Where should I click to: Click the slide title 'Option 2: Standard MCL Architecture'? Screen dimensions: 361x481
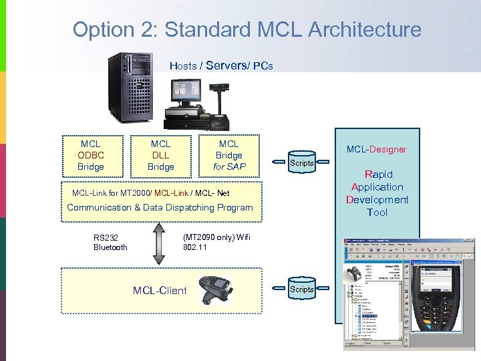click(x=247, y=30)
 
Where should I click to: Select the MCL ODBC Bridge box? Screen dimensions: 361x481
click(x=90, y=155)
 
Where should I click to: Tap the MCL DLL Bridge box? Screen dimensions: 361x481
click(x=160, y=155)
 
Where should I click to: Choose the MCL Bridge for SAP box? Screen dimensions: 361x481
click(x=228, y=155)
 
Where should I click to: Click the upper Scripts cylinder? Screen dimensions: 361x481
click(x=301, y=162)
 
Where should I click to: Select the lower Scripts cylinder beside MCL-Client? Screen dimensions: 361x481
click(x=301, y=289)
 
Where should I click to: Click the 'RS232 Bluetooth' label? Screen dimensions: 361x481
click(x=110, y=242)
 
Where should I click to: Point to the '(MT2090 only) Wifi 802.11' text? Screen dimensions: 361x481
click(x=216, y=242)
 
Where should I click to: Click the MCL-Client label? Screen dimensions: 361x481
click(x=160, y=290)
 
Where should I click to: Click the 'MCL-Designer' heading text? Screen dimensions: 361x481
click(x=376, y=149)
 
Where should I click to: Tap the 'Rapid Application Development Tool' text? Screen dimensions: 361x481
click(x=377, y=193)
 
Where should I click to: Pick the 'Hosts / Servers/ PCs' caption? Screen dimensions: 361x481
click(x=221, y=66)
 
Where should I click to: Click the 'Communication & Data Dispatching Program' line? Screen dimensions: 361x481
click(x=160, y=207)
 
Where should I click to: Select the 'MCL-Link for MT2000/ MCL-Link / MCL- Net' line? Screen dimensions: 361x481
click(x=150, y=193)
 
